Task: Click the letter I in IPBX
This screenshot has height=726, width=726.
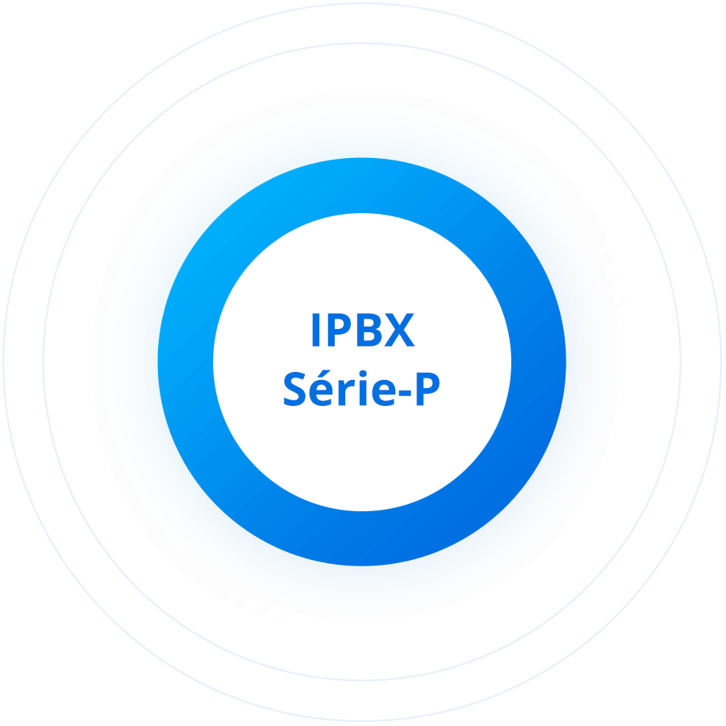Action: tap(316, 330)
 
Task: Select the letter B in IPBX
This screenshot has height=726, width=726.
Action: tap(369, 330)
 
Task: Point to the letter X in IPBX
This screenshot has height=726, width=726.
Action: tap(399, 330)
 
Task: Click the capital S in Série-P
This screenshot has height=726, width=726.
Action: tap(294, 389)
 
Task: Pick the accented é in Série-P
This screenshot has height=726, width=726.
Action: tap(321, 388)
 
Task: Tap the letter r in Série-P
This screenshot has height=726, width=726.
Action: tap(346, 393)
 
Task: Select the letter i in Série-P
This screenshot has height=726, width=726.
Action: tap(363, 388)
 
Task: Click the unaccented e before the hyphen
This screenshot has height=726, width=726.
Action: tap(384, 393)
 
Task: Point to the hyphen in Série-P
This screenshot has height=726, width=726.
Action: tap(404, 393)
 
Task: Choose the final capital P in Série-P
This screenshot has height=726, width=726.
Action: tap(428, 389)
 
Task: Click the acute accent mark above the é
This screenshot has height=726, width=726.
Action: tap(323, 374)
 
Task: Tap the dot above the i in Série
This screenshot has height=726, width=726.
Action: tap(363, 374)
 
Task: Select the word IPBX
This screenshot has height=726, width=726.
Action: tap(364, 330)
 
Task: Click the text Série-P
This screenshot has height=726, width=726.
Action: tap(361, 388)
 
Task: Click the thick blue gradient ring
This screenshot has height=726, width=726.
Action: tap(186, 362)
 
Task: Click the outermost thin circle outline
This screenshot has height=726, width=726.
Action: tap(4, 362)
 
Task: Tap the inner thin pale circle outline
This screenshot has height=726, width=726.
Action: tap(44, 362)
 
